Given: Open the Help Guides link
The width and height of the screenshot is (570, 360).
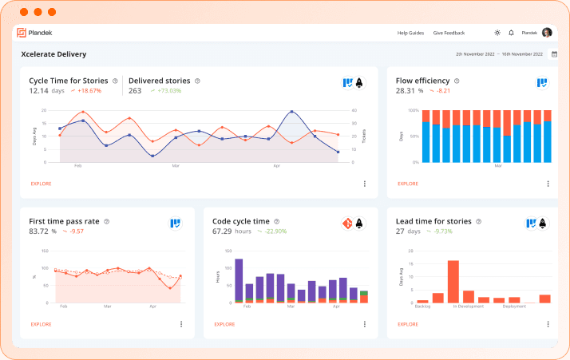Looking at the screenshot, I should pyautogui.click(x=410, y=33).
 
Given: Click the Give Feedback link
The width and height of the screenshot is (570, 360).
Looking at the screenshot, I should pyautogui.click(x=449, y=33).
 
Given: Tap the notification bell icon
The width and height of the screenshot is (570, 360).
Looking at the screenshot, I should pyautogui.click(x=511, y=33).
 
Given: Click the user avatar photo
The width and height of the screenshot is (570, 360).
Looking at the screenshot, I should pyautogui.click(x=547, y=33).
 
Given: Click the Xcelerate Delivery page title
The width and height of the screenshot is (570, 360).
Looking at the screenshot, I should pyautogui.click(x=53, y=54).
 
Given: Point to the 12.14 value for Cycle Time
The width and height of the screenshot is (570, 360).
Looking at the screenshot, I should pyautogui.click(x=39, y=90).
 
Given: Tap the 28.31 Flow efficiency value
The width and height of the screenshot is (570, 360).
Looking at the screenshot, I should pyautogui.click(x=406, y=90).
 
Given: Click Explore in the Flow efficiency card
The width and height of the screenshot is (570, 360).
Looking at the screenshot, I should pyautogui.click(x=408, y=184).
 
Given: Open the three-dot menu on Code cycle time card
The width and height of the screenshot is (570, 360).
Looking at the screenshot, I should pyautogui.click(x=365, y=324).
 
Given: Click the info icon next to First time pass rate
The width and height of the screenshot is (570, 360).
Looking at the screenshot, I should pyautogui.click(x=106, y=221).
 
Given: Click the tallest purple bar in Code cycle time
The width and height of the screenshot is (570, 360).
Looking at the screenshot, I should pyautogui.click(x=239, y=279).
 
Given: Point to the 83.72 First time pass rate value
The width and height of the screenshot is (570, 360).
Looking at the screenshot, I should pyautogui.click(x=38, y=231).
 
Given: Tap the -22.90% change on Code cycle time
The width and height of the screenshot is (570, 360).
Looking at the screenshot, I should pyautogui.click(x=271, y=231).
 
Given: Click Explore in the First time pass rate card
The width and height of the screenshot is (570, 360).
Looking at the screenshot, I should pyautogui.click(x=41, y=324).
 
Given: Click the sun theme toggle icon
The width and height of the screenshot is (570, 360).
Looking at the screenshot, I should pyautogui.click(x=497, y=33).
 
